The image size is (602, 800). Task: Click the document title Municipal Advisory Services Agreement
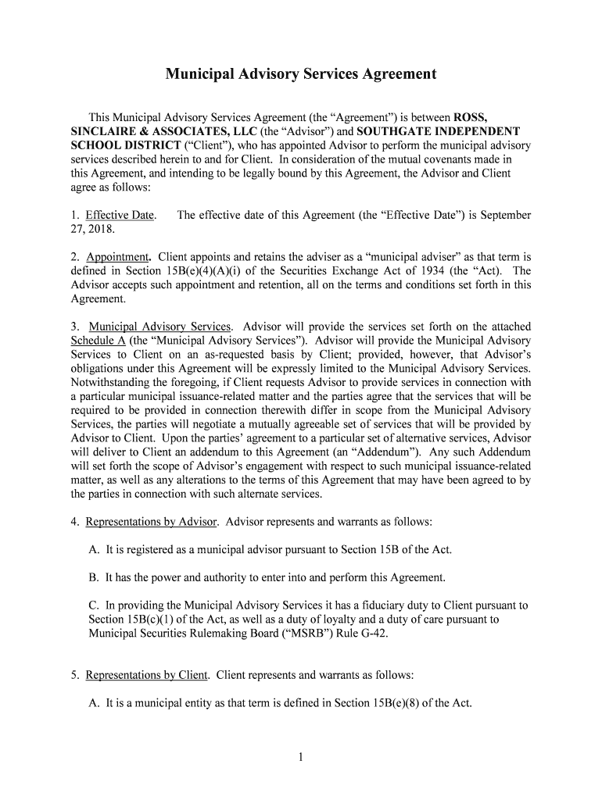[x=300, y=74]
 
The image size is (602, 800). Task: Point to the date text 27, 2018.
[x=92, y=229]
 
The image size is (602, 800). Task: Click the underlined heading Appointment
[x=118, y=256]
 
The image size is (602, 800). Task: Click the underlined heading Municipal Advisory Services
[x=160, y=326]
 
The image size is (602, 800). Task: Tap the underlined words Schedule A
[x=99, y=340]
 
